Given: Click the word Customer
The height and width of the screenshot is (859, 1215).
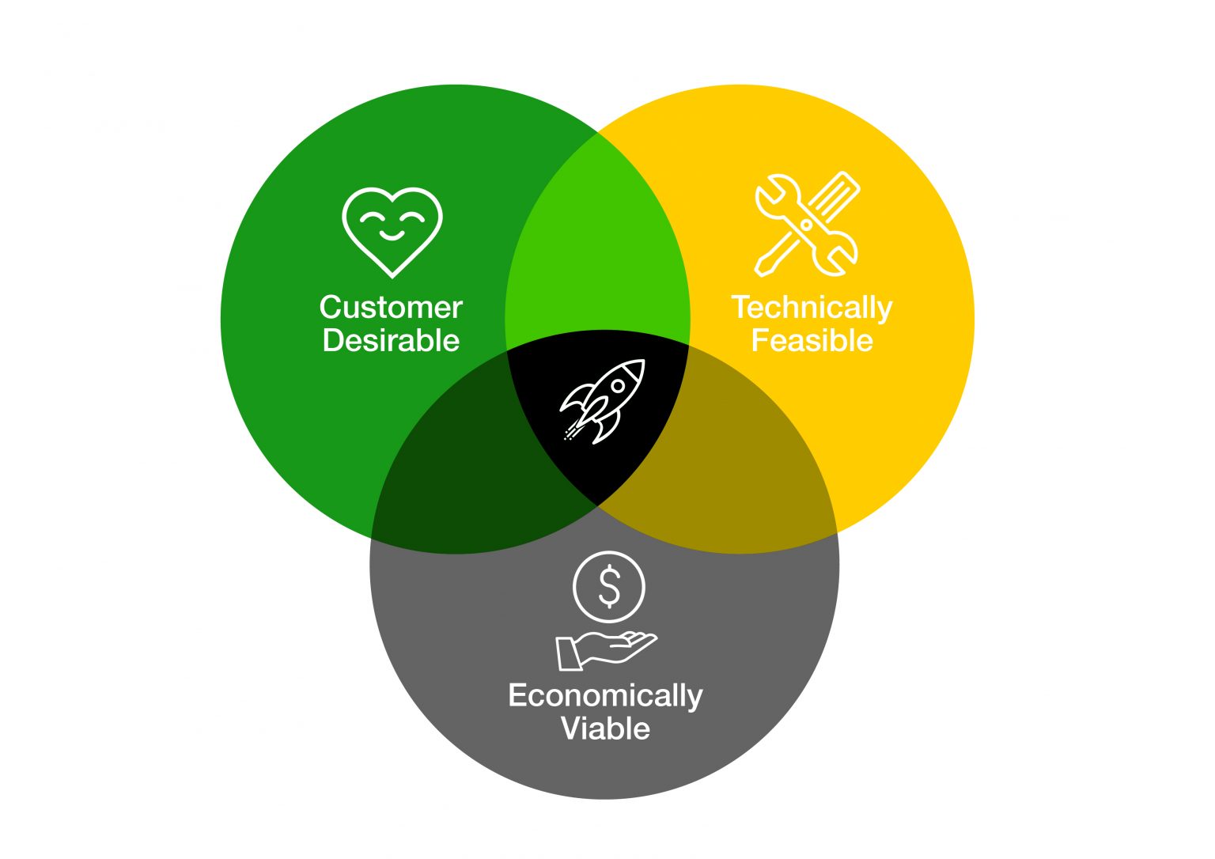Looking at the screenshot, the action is click(391, 308).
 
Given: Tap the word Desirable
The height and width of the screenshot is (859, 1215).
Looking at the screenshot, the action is click(391, 341).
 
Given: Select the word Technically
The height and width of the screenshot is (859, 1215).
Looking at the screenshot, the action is click(812, 308).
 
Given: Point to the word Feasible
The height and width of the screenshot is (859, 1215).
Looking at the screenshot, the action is click(812, 341).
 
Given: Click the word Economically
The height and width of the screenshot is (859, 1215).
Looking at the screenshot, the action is click(605, 696).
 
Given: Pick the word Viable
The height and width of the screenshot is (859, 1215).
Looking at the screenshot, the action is click(605, 728).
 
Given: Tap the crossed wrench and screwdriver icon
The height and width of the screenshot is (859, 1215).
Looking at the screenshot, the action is click(807, 225).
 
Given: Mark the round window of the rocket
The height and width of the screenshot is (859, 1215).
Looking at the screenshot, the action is click(619, 386).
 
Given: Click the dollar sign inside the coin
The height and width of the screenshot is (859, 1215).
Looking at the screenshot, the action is click(609, 587).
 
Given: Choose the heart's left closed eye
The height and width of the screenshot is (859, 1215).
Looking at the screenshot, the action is click(372, 218).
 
